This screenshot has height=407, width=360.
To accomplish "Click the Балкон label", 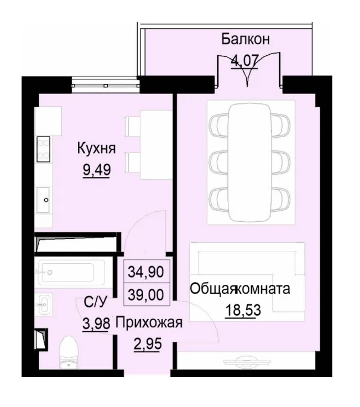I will pyautogui.click(x=246, y=39).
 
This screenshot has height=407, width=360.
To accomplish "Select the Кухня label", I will pyautogui.click(x=96, y=148).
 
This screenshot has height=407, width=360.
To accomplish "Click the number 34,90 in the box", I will pyautogui.click(x=146, y=272).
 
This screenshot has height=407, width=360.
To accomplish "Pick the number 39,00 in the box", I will pyautogui.click(x=146, y=295).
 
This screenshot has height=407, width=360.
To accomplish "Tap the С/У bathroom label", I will pyautogui.click(x=95, y=302).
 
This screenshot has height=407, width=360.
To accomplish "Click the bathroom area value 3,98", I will pyautogui.click(x=96, y=322).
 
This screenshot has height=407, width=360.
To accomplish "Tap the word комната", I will pyautogui.click(x=263, y=289).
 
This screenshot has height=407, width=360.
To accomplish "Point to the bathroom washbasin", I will pyautogui.click(x=44, y=305).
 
